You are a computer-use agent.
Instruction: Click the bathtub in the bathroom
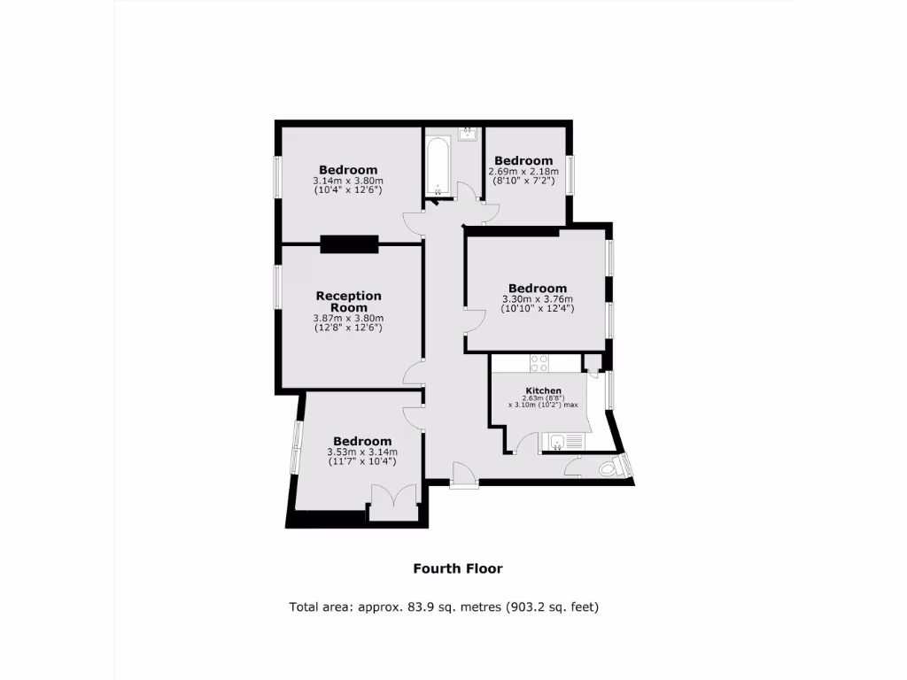click(x=437, y=167)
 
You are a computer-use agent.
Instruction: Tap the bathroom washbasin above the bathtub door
click(x=469, y=134)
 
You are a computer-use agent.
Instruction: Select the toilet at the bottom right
click(x=610, y=468)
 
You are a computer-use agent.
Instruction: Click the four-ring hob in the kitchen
click(x=539, y=363)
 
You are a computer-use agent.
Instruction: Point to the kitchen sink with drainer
click(x=564, y=442)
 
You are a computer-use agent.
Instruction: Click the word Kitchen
click(x=543, y=390)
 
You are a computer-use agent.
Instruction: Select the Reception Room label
click(x=349, y=301)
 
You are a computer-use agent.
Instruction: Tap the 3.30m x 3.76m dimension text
click(x=538, y=298)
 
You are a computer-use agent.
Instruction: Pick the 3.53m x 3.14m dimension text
click(x=362, y=452)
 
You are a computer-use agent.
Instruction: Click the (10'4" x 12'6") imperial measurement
click(x=348, y=189)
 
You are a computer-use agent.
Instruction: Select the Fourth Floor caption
click(x=458, y=568)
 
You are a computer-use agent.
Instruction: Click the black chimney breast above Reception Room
click(x=349, y=245)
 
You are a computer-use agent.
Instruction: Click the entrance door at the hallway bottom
click(x=463, y=475)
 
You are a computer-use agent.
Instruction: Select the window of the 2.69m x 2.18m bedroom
click(x=571, y=174)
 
